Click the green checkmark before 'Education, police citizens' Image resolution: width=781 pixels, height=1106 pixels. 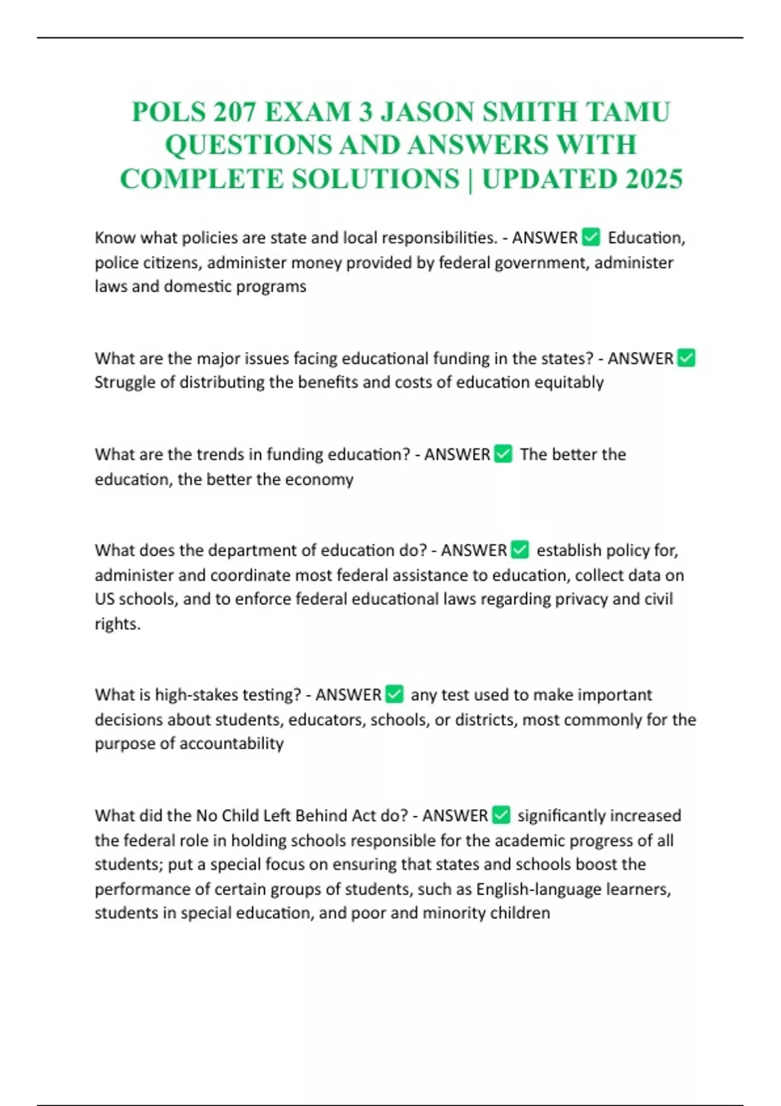[x=591, y=237]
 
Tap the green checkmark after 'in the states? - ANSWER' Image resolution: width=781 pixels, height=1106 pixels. [x=686, y=358]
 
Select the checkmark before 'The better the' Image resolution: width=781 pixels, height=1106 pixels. [x=503, y=453]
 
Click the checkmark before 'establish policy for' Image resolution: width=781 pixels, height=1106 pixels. [x=520, y=550]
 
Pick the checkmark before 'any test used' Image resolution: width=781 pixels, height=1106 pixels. [x=394, y=694]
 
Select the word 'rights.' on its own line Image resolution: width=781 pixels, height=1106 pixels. [x=117, y=623]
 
